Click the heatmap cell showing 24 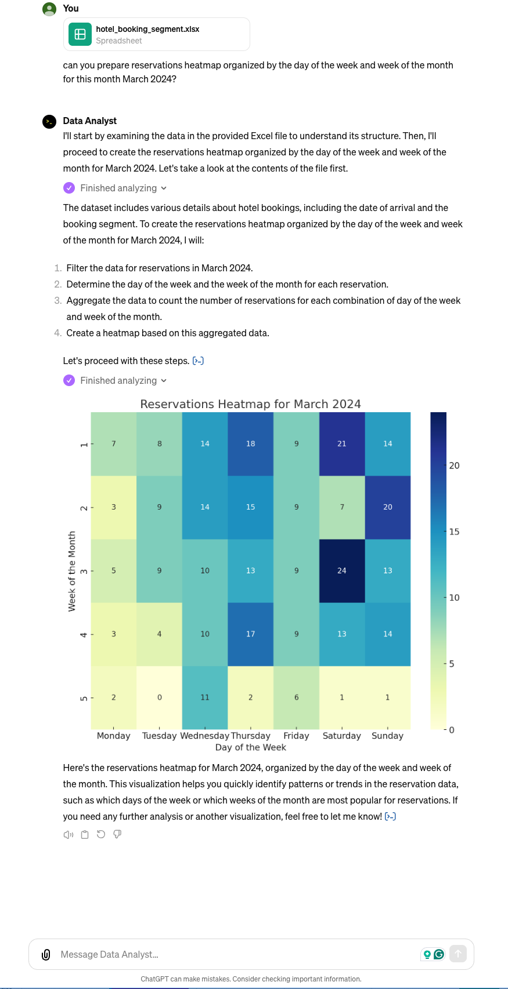coord(342,571)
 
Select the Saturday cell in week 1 coord(342,444)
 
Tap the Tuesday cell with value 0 coord(160,697)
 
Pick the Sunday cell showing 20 coord(388,507)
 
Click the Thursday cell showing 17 coord(250,634)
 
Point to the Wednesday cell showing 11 coord(205,697)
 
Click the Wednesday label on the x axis coord(205,736)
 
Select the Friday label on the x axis coord(296,736)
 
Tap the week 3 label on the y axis coord(84,571)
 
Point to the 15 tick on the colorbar coord(454,532)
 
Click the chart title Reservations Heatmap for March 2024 coord(250,404)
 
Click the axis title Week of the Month coord(72,571)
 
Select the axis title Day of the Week coord(250,747)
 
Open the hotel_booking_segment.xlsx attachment coord(157,34)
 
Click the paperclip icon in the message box coord(46,954)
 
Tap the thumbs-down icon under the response coord(117,834)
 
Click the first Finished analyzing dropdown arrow coord(164,188)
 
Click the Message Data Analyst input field coord(232,954)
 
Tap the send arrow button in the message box coord(458,954)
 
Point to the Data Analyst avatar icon coord(49,121)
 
